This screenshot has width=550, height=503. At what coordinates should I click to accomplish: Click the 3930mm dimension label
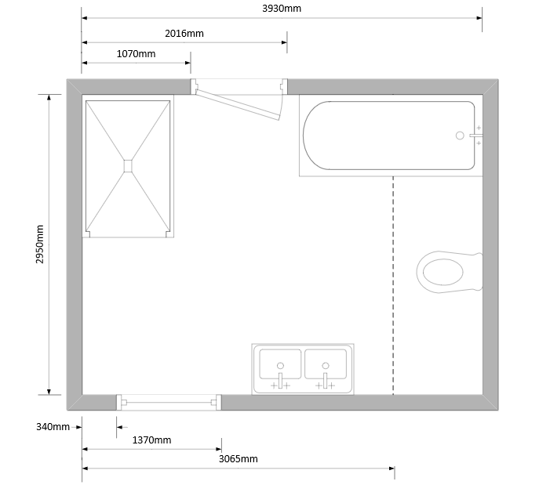click(x=282, y=9)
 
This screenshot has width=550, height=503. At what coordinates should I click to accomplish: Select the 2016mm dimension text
click(x=184, y=34)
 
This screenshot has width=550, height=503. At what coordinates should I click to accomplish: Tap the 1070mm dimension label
click(x=136, y=54)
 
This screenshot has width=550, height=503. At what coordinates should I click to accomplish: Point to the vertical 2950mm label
click(x=40, y=244)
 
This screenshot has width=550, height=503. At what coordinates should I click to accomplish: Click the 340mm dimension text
click(x=53, y=427)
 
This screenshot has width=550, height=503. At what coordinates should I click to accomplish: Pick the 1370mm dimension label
click(x=152, y=440)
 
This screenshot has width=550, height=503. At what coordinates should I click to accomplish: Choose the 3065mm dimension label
click(x=239, y=459)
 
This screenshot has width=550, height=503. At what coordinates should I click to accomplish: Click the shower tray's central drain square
click(x=128, y=166)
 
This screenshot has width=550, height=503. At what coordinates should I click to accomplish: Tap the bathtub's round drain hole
click(x=460, y=136)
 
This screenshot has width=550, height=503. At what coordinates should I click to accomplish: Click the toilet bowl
click(x=443, y=272)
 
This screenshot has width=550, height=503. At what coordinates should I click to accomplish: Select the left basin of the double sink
click(x=280, y=364)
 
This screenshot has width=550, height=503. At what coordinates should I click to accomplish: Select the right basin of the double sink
click(x=326, y=364)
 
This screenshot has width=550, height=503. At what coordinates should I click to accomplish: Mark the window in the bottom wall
click(x=169, y=403)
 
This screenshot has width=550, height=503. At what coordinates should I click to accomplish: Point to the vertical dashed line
click(x=393, y=285)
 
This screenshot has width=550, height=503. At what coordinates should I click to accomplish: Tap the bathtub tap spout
click(x=476, y=136)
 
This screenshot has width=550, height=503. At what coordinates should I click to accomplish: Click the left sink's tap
click(x=280, y=381)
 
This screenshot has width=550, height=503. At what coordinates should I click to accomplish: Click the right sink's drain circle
click(x=326, y=366)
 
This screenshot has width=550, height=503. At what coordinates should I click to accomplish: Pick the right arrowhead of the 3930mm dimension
click(x=479, y=18)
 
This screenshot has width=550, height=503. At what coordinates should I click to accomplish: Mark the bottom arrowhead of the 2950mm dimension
click(x=49, y=392)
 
